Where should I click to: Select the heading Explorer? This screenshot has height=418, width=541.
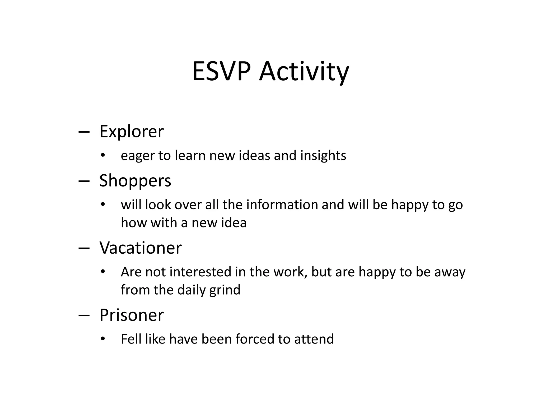(131, 131)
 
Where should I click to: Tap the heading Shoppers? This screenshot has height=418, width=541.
(135, 181)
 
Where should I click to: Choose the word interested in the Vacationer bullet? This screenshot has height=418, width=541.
(200, 272)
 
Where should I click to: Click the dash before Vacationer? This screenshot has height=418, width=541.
(84, 248)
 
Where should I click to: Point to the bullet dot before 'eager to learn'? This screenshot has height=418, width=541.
(103, 155)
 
